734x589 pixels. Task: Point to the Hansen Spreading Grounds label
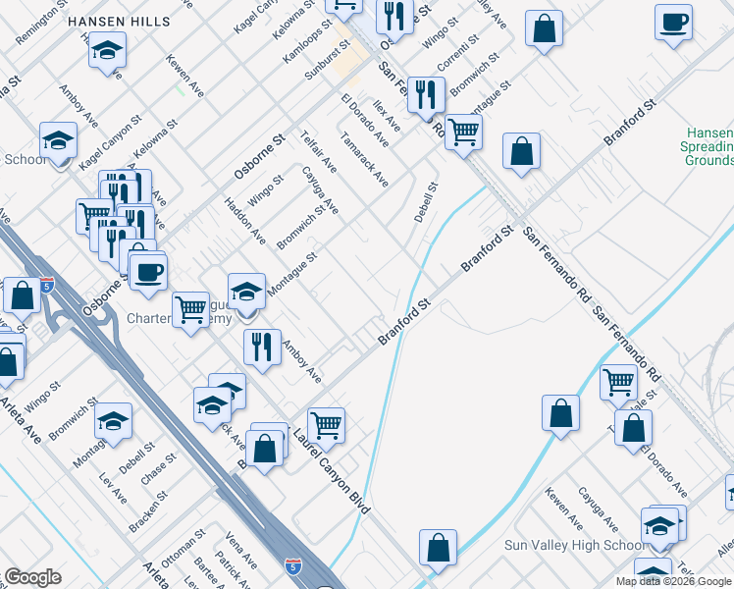tap(709, 146)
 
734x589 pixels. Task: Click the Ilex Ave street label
tap(386, 115)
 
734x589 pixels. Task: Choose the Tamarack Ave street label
tap(364, 159)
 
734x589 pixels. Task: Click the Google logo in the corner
tap(32, 577)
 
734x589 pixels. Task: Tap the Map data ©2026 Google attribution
tap(672, 581)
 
